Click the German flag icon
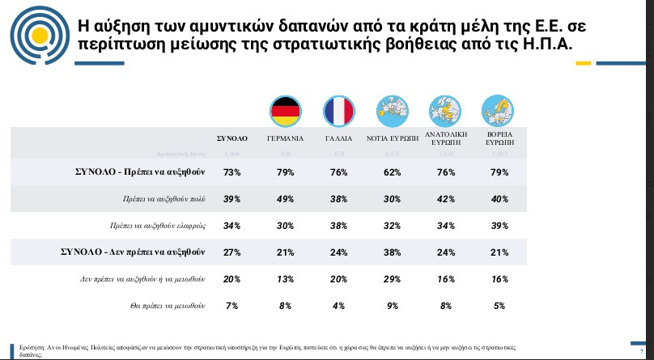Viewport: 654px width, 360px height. click(x=285, y=110)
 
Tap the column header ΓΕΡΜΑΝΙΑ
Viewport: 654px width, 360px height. click(x=285, y=138)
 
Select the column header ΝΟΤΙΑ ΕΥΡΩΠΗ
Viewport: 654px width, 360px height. click(x=393, y=138)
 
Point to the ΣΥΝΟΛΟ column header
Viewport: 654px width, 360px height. click(x=232, y=138)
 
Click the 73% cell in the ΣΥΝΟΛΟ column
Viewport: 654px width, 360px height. click(x=233, y=172)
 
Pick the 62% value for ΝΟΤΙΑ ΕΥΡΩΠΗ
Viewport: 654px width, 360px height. click(x=392, y=172)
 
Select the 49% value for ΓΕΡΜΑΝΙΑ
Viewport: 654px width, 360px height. click(x=285, y=199)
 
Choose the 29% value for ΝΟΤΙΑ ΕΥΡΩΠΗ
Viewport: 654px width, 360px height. click(x=392, y=279)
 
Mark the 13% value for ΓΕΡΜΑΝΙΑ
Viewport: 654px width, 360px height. click(x=285, y=279)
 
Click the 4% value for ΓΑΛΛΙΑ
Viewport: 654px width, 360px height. click(x=338, y=307)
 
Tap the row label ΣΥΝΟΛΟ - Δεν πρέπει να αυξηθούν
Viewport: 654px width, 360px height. click(x=133, y=252)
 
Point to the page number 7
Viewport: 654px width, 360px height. click(x=641, y=341)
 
